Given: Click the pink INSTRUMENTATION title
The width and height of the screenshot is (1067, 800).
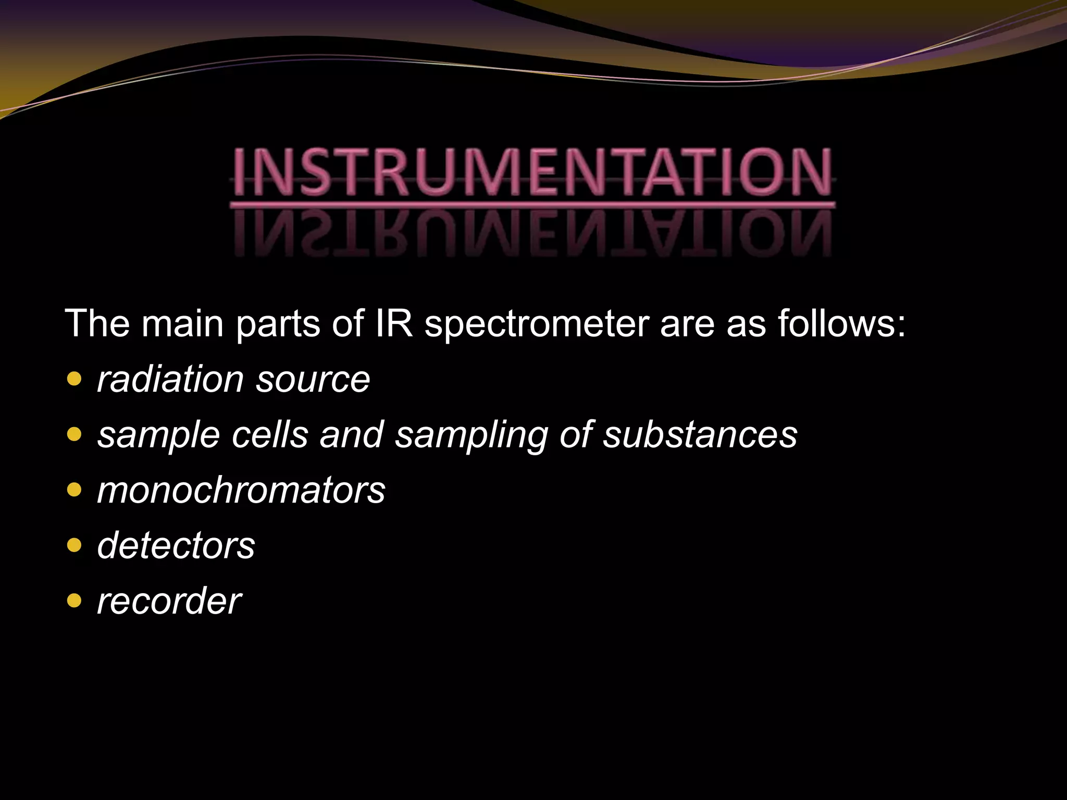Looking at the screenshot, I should [532, 172].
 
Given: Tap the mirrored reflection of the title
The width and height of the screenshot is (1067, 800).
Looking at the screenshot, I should [532, 234].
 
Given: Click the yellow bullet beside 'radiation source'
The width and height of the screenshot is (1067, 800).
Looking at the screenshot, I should [75, 379].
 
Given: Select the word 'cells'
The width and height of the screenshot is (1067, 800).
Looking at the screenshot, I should [270, 434].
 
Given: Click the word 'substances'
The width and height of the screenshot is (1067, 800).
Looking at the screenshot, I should [700, 434].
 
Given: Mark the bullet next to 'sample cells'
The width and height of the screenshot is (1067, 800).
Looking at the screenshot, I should [75, 434].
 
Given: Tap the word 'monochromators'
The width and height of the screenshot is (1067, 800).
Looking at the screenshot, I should [241, 490].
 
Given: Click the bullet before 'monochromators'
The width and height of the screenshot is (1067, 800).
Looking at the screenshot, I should [75, 490].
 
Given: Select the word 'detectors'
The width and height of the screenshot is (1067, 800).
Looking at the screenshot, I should [176, 545].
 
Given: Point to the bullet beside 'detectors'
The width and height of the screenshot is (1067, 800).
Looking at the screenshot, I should [75, 545].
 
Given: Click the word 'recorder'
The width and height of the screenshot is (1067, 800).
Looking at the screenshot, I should [169, 601].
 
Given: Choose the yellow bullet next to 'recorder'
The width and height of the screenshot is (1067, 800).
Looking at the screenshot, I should [75, 601].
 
